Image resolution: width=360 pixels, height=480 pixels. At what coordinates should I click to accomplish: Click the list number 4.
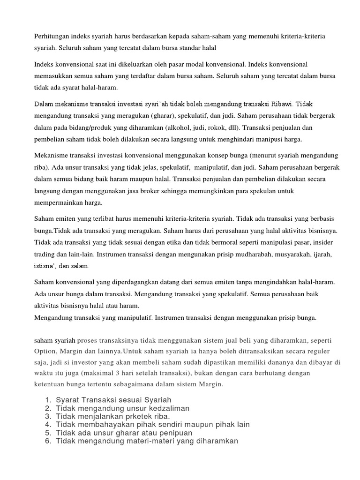coord(48,425)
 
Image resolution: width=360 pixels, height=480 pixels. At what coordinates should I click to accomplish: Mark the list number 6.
coord(48,441)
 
